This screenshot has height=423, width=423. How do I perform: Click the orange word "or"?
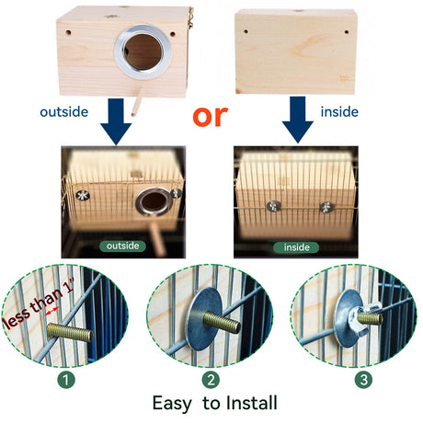(211, 116)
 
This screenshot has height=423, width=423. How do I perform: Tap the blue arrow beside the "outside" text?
(116, 121)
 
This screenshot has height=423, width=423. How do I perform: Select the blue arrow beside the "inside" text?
(298, 120)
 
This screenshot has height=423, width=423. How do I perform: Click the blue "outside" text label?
(64, 112)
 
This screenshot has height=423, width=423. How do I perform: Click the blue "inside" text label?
(339, 112)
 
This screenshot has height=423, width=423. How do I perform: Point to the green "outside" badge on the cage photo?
(122, 246)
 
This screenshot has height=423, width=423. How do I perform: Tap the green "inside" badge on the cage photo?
(296, 247)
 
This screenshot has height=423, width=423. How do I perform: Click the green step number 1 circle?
(66, 380)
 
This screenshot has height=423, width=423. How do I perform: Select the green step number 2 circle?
(211, 380)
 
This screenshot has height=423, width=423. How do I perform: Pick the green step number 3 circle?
(363, 380)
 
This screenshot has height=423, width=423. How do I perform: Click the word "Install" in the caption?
(252, 403)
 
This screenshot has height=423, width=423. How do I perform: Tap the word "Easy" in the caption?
(172, 404)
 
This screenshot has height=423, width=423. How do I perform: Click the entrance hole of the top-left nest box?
(143, 52)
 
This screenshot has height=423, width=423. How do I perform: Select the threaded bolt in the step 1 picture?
(71, 333)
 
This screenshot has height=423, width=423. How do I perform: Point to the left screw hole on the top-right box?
(246, 31)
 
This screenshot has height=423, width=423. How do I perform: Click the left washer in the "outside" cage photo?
(83, 195)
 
